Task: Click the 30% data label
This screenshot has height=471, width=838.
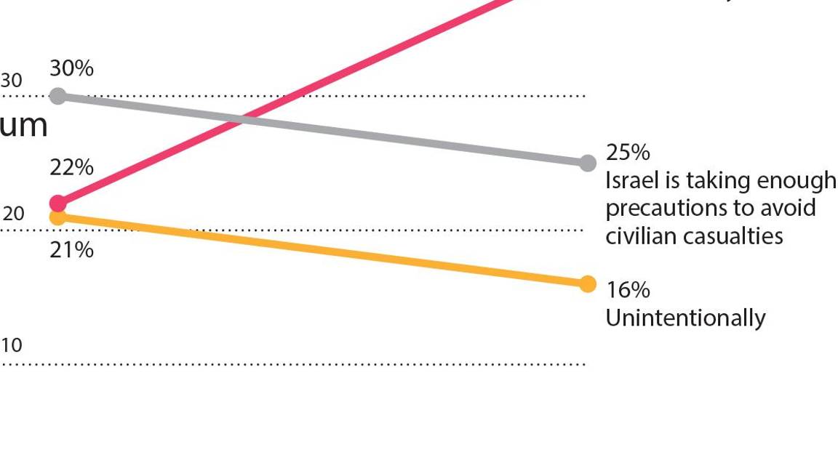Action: point(71,68)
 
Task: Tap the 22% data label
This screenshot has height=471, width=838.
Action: point(71,167)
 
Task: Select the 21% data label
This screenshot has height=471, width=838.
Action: point(71,250)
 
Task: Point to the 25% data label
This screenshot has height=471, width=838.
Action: point(628,153)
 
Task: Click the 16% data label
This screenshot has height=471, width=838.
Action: point(628,290)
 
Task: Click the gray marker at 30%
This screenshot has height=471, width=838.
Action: point(58,95)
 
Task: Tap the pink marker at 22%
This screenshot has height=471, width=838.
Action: point(58,203)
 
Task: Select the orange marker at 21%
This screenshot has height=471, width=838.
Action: point(58,217)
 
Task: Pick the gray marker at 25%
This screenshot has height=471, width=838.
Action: point(588,163)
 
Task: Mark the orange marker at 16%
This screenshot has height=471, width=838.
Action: point(588,283)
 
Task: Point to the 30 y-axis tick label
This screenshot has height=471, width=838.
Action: point(11,81)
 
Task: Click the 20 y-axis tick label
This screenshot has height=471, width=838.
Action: point(13,214)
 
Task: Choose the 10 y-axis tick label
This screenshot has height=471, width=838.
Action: point(11,345)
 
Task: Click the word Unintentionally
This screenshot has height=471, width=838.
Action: point(685,318)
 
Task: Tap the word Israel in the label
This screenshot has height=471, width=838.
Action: point(631,180)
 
